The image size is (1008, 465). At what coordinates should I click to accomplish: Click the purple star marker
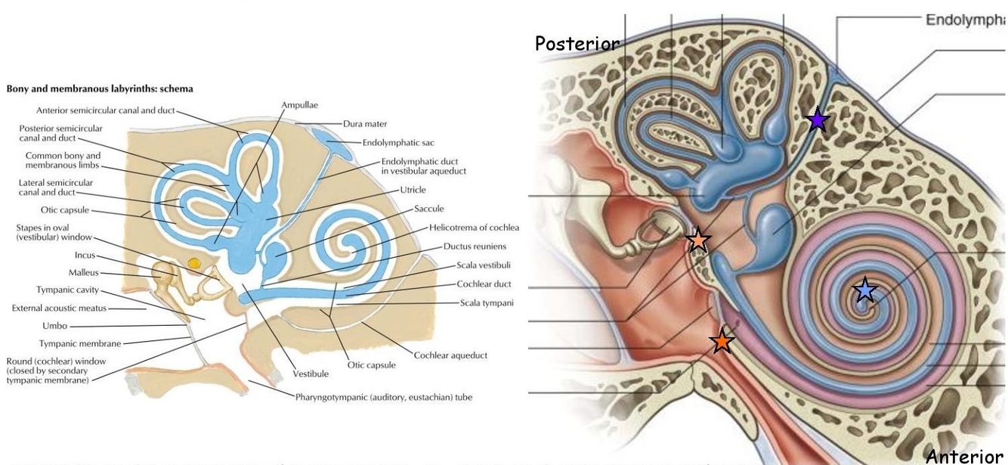point(817,119)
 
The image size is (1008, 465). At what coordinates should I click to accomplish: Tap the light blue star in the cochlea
point(864,290)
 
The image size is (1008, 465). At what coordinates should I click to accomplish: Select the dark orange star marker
point(722,341)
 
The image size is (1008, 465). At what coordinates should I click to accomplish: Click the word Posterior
point(577,44)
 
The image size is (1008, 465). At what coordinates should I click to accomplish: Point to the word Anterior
point(965,456)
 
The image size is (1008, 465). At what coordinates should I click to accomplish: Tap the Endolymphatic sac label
point(398,142)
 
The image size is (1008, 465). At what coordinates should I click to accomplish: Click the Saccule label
point(428,209)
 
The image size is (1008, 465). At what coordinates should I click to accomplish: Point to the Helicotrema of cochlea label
point(474,228)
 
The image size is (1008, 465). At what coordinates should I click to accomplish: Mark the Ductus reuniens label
point(475,246)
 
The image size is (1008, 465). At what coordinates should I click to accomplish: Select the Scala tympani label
point(487,303)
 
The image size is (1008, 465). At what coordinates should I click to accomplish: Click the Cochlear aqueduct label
point(450,355)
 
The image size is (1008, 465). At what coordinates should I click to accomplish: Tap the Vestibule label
point(311,374)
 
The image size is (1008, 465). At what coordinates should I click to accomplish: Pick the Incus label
point(85,256)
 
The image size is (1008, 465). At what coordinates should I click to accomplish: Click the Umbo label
point(54,326)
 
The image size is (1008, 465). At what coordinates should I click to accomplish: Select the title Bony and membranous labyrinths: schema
point(100,88)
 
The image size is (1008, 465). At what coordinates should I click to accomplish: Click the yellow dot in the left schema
point(194,263)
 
